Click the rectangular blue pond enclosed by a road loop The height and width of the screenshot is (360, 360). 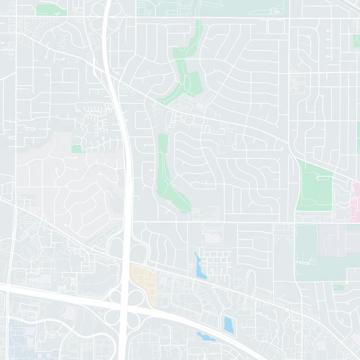point(228,324)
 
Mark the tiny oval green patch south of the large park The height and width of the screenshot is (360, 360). point(338,287)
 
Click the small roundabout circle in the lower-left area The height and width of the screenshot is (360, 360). point(52,336)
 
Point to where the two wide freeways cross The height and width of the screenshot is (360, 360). point(126,307)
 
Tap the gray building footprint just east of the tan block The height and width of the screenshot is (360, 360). point(163,280)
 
